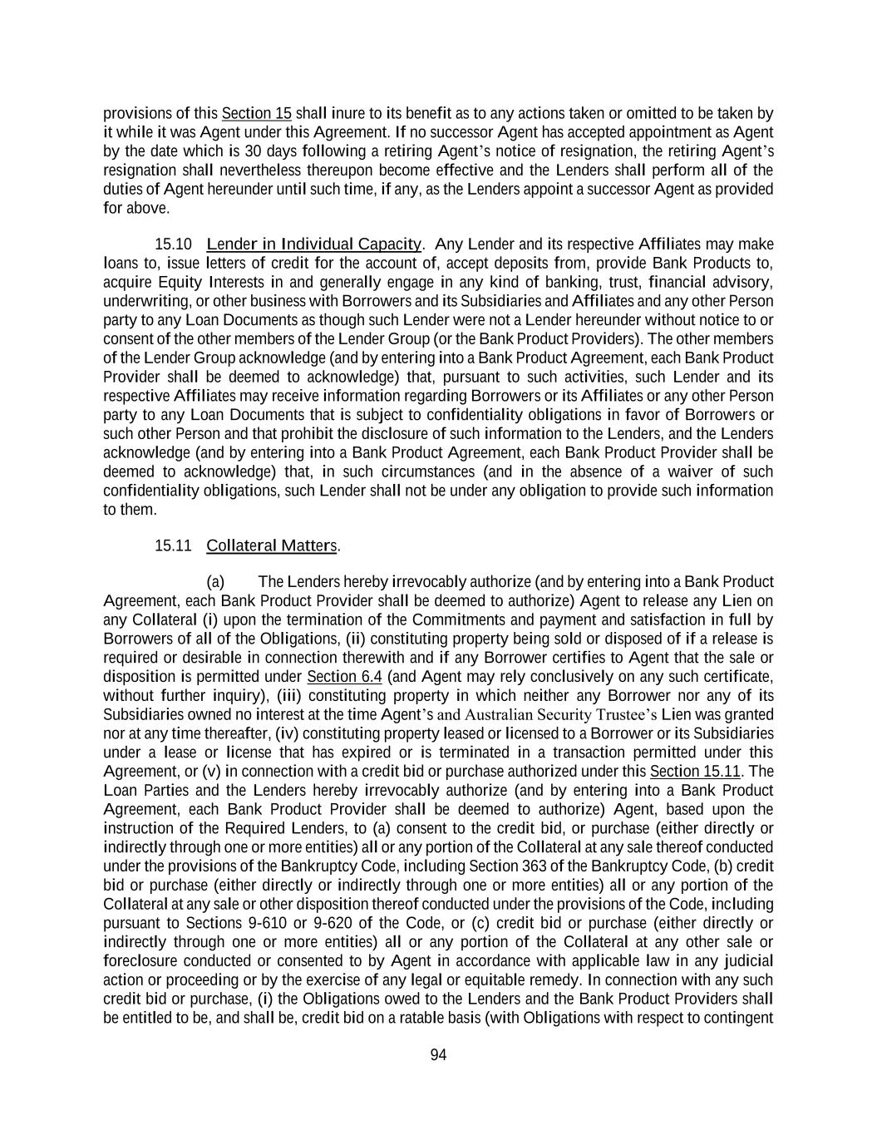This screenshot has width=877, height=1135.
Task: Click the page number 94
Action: tap(438, 1055)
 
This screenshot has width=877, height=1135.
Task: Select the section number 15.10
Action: tap(173, 244)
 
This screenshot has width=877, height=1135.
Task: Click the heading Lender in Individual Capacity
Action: tap(313, 244)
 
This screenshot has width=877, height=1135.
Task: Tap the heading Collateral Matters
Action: tap(272, 545)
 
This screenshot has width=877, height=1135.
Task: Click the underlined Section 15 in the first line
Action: tap(256, 113)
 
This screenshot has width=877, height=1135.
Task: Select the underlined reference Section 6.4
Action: tap(344, 676)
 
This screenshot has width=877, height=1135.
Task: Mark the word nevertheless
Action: tap(254, 170)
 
